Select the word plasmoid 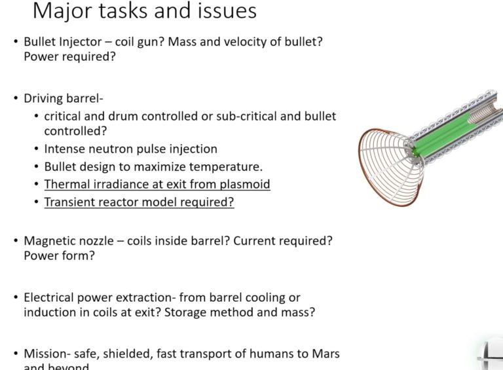click(246, 184)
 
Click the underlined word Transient click(70, 202)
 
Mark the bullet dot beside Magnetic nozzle click(16, 240)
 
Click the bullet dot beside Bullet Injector click(16, 41)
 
